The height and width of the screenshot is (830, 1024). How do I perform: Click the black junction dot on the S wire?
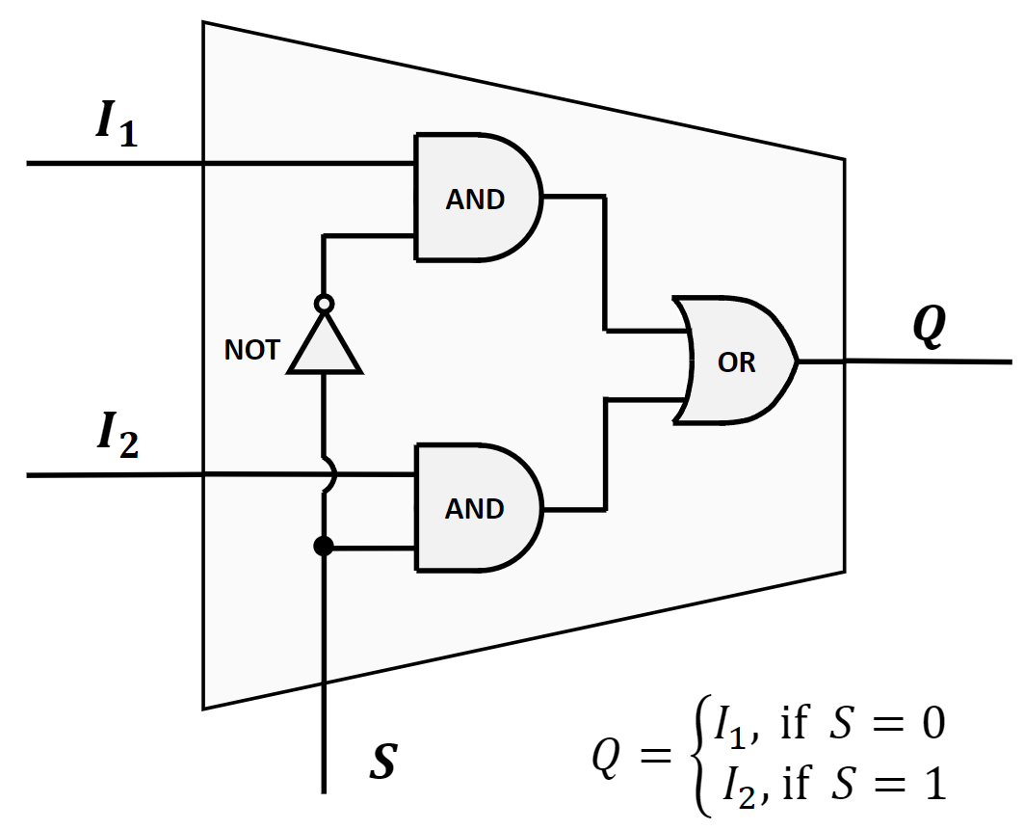[x=325, y=547]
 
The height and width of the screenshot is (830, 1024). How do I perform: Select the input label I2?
[x=116, y=437]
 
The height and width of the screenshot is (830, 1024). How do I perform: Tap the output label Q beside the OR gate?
[x=929, y=329]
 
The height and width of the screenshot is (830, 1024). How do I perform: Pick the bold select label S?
[x=382, y=762]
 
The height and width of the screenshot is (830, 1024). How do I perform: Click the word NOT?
[x=251, y=350]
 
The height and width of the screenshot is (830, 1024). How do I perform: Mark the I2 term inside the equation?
[x=742, y=788]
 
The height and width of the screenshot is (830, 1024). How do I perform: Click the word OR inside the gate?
[x=737, y=362]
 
